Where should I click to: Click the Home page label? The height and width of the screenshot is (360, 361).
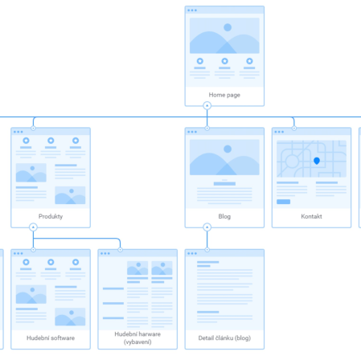click(224, 95)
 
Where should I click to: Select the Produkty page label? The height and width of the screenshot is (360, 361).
click(51, 216)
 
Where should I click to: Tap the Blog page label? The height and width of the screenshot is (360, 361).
click(224, 216)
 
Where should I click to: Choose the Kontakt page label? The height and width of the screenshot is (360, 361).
click(311, 216)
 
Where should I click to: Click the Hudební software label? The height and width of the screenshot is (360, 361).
click(51, 337)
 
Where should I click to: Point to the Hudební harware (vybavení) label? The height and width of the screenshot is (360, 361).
click(137, 337)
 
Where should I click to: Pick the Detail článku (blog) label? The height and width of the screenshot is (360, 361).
click(224, 337)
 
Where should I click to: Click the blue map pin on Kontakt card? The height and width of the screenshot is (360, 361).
click(317, 161)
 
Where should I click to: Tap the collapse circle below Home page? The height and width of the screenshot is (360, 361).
click(207, 105)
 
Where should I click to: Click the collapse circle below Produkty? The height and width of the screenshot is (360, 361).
click(33, 227)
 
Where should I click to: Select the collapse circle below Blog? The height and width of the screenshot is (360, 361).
click(207, 227)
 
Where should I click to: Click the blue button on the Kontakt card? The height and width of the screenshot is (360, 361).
click(283, 202)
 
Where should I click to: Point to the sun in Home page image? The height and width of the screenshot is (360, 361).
click(228, 27)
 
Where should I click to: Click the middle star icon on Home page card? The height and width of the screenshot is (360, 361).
click(224, 61)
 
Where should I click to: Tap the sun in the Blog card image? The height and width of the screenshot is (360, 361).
click(228, 149)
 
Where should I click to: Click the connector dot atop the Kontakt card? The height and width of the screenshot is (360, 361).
click(294, 128)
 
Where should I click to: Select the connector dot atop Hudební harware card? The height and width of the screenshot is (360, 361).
click(120, 250)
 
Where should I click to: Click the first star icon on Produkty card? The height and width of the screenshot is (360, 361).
click(26, 141)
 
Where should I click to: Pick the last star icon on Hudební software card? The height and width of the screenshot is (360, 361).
click(76, 262)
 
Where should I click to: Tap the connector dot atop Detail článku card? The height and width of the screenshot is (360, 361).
click(207, 250)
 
